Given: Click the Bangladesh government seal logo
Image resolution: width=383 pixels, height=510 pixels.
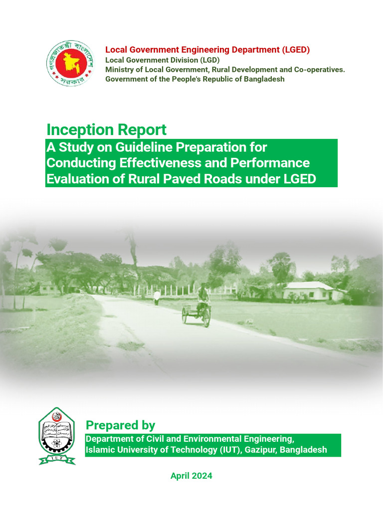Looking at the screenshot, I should pos(70,63).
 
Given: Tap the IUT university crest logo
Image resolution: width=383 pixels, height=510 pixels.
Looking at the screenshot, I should pos(57,436).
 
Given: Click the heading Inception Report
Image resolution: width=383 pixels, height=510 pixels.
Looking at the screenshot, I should pos(106,129).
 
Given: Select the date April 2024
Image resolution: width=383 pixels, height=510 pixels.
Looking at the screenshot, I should pos(191,476).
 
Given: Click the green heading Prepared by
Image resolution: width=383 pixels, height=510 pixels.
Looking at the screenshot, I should pos(120,425).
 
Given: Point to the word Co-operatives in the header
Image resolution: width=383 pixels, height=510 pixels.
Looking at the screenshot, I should pos(320,69).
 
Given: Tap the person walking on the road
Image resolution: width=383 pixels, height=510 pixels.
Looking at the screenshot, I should pos(157,298).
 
